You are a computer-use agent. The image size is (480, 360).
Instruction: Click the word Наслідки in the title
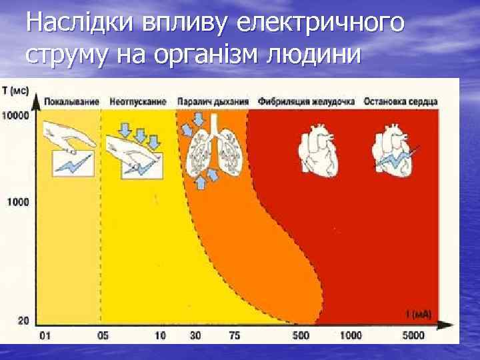79,23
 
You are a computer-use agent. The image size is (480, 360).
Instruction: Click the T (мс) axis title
16,89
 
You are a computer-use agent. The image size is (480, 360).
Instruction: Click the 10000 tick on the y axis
15,115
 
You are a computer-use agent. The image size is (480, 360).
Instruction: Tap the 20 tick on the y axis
23,321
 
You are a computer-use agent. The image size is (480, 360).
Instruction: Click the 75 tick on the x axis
234,335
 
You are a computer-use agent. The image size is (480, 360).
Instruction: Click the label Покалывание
72,101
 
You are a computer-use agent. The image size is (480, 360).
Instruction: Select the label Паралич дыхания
213,101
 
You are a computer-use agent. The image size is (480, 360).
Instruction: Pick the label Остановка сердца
400,101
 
